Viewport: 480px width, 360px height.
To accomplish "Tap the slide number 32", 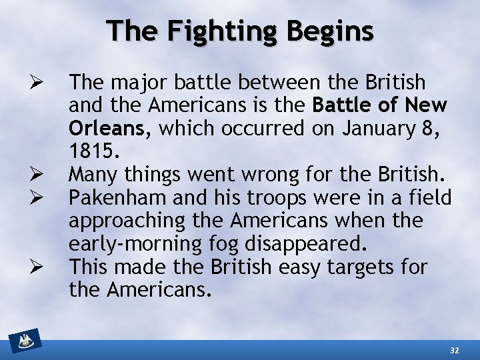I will (455, 350).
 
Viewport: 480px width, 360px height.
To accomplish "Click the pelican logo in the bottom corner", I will (25, 341).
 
